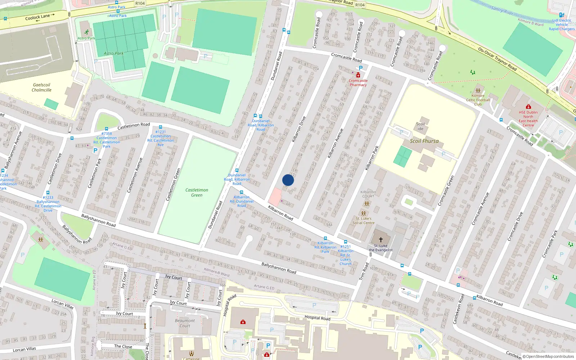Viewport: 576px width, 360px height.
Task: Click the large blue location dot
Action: pos(288,180)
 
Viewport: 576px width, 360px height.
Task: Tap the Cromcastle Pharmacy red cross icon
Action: pos(358,75)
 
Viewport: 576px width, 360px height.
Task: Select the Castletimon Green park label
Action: pos(197,193)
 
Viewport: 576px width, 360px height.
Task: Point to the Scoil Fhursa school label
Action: pos(424,141)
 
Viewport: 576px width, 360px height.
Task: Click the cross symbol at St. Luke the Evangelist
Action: pos(381,240)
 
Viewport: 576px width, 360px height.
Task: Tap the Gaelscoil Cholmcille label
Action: pos(41,87)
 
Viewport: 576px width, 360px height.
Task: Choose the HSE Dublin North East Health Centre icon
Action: pos(528,107)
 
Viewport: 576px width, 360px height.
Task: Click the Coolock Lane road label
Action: pos(37,17)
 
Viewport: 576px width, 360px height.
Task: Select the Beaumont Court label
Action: pos(185,323)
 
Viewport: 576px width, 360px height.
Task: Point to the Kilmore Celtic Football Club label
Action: pos(478,100)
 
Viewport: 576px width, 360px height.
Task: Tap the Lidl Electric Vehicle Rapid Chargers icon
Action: pos(562,15)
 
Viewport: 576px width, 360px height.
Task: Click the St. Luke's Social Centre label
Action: pos(363,221)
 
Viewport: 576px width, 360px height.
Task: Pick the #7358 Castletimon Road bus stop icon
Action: pos(107,129)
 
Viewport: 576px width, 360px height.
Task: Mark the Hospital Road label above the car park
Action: pos(317,318)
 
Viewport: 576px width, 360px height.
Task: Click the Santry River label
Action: pos(502,11)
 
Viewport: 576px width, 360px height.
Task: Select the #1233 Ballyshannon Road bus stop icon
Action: pos(48,193)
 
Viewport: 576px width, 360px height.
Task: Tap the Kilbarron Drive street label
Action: pos(298,129)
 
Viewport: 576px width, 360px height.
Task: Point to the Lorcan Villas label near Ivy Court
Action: pos(62,304)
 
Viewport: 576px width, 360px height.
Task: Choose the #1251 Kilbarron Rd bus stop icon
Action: pos(345,242)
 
